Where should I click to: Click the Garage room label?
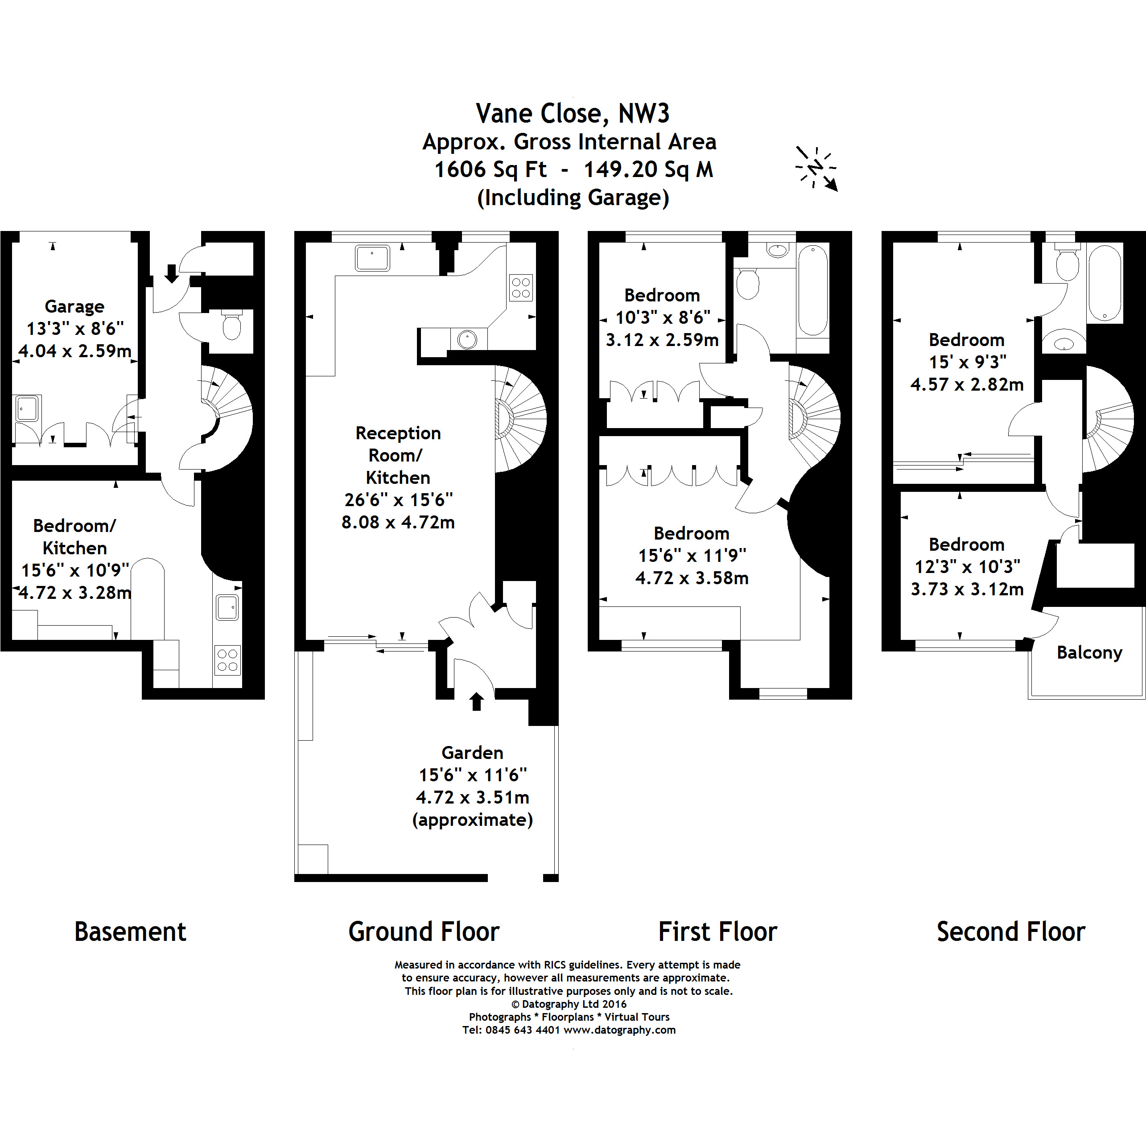75,307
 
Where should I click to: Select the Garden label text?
472,752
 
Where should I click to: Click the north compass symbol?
817,168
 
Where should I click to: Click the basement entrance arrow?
171,273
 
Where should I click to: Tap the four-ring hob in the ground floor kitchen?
521,288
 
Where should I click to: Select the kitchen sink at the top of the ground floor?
372,258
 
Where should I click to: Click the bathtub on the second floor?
1105,284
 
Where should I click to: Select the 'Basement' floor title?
130,932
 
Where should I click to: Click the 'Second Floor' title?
1011,932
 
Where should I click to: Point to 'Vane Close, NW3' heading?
573,113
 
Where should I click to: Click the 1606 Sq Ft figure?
490,169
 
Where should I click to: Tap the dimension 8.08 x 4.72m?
398,522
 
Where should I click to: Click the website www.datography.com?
619,1031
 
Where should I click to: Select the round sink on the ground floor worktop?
467,340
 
